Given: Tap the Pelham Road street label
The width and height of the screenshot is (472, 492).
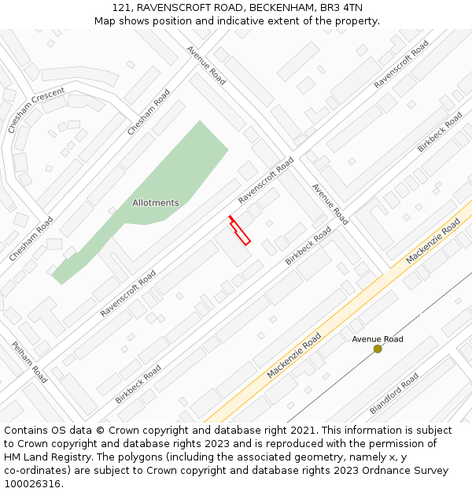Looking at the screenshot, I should (29, 362).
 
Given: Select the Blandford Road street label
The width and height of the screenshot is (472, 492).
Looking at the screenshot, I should (394, 394).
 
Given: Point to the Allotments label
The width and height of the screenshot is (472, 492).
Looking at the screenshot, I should (155, 203).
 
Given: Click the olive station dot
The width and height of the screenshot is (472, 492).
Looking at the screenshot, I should (378, 349).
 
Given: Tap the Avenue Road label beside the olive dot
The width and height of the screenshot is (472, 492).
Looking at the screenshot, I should (378, 339).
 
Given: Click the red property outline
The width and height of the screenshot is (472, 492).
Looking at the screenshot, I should (240, 231).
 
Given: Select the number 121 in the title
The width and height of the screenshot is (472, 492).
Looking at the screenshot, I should (121, 8).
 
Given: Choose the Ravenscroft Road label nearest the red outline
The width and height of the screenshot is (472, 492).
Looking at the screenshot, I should (266, 180).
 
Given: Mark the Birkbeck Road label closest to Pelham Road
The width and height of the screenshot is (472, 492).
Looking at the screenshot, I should (138, 384).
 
